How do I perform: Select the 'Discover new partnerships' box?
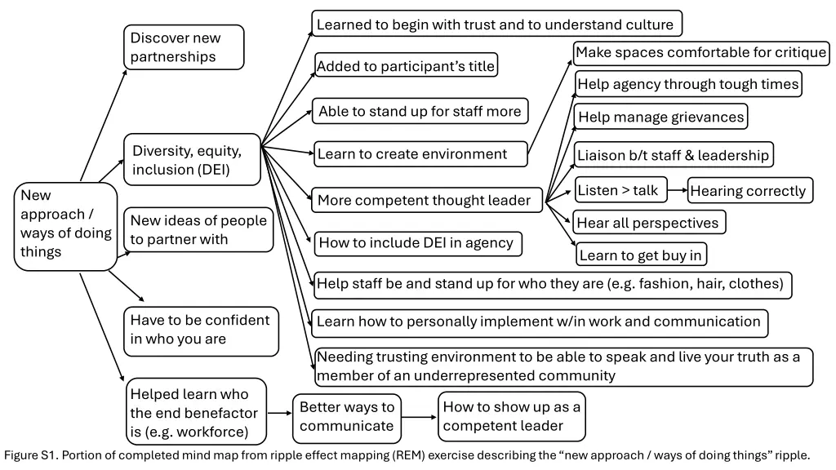coord(184,47)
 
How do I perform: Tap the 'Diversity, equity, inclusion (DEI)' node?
coord(192,160)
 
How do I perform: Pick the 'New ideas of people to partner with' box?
coord(198,229)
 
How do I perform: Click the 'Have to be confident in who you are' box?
coord(200,330)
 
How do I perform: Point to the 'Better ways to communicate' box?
coord(347,416)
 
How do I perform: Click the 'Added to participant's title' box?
coord(406,66)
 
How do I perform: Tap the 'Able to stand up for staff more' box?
coord(420,111)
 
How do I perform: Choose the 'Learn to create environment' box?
coord(420,154)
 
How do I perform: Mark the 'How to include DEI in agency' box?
coord(416,242)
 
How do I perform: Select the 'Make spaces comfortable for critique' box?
coord(700,53)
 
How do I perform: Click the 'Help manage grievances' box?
coord(660,117)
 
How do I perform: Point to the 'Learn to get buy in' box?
coord(641,255)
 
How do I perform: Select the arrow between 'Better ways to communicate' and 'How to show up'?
coord(419,417)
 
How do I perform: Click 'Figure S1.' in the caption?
coord(30,455)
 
